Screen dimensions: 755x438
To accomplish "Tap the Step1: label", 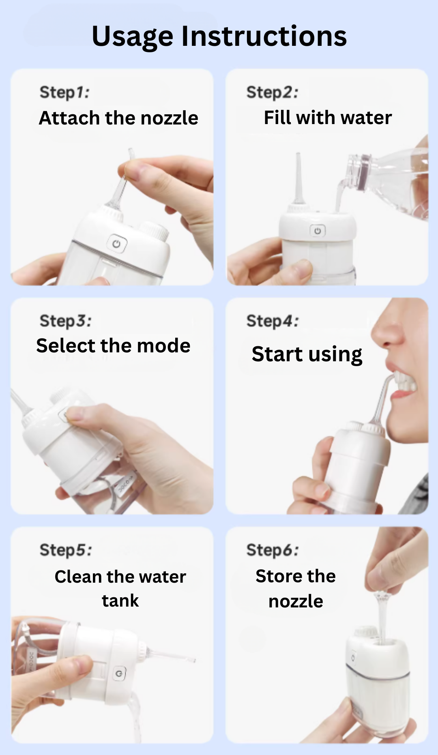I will click(64, 92).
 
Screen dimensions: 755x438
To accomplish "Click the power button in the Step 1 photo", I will click(117, 244).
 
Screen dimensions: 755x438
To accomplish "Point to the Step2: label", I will click(272, 92).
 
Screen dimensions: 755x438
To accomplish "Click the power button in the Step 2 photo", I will click(318, 231).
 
